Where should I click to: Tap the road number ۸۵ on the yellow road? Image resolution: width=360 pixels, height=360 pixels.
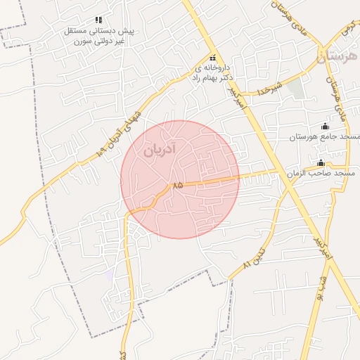point(176,185)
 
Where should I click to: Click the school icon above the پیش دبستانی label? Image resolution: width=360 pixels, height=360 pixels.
point(98,20)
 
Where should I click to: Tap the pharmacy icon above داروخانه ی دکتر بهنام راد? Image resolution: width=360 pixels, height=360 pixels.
point(212,58)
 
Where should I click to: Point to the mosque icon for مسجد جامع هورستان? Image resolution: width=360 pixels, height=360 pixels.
point(324,126)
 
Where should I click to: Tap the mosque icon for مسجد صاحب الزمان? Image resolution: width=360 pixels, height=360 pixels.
point(321,162)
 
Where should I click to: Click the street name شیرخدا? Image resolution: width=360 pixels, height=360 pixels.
point(269,89)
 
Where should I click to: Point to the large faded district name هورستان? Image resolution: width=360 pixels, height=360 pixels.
point(337,56)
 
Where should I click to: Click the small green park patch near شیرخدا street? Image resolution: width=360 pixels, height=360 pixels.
point(296,89)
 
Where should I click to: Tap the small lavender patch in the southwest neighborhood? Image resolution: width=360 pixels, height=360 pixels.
point(109,275)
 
